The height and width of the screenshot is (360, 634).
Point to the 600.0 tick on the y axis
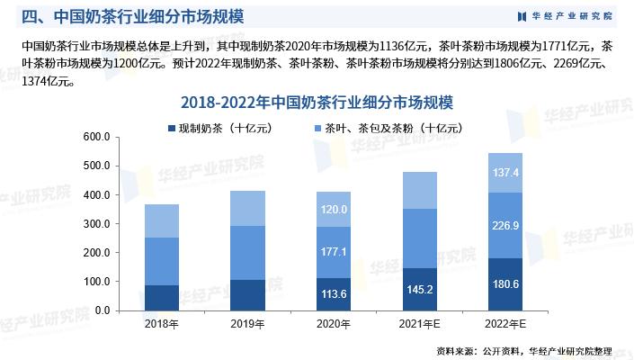(x=96, y=137)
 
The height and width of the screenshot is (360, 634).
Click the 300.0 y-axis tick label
(x=96, y=224)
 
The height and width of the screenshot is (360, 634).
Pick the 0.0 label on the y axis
(x=101, y=310)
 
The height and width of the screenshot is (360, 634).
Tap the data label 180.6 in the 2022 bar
(x=505, y=283)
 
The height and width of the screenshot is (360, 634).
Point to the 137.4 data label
(x=505, y=173)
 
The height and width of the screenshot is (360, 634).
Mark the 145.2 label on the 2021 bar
(x=419, y=289)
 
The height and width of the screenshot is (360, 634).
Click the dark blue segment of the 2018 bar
(x=161, y=298)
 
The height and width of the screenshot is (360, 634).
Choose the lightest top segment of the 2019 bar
(x=247, y=208)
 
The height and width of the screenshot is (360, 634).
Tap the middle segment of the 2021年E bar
(x=419, y=238)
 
